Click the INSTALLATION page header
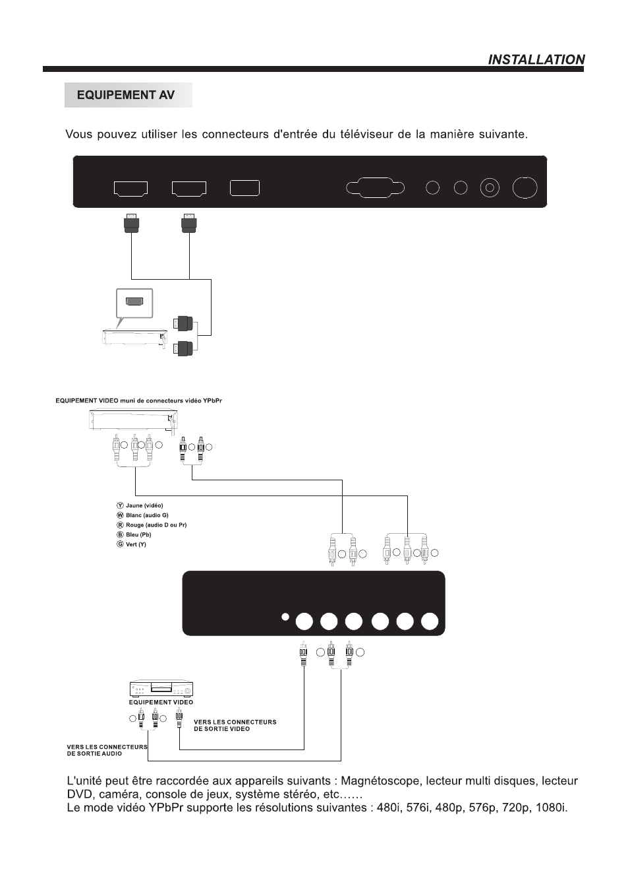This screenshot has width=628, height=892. click(x=536, y=59)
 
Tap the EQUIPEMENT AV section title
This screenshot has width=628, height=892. click(x=126, y=95)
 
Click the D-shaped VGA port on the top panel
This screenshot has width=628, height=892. click(x=376, y=187)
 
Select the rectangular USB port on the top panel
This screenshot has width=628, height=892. click(x=244, y=188)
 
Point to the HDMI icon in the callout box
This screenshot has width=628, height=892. click(x=134, y=302)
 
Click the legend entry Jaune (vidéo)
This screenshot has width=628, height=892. click(x=144, y=505)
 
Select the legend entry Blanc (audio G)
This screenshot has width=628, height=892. click(x=147, y=515)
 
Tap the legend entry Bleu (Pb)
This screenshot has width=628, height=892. click(x=138, y=534)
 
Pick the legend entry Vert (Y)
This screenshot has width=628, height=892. click(x=136, y=544)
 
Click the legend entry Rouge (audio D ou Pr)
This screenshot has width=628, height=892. click(x=156, y=525)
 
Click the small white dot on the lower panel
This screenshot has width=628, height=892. click(x=285, y=618)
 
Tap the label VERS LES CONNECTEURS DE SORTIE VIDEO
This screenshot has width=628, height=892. click(x=235, y=725)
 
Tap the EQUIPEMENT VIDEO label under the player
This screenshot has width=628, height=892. click(x=161, y=702)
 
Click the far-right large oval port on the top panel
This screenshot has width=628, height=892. click(x=525, y=188)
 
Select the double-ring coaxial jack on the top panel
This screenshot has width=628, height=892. click(x=489, y=188)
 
